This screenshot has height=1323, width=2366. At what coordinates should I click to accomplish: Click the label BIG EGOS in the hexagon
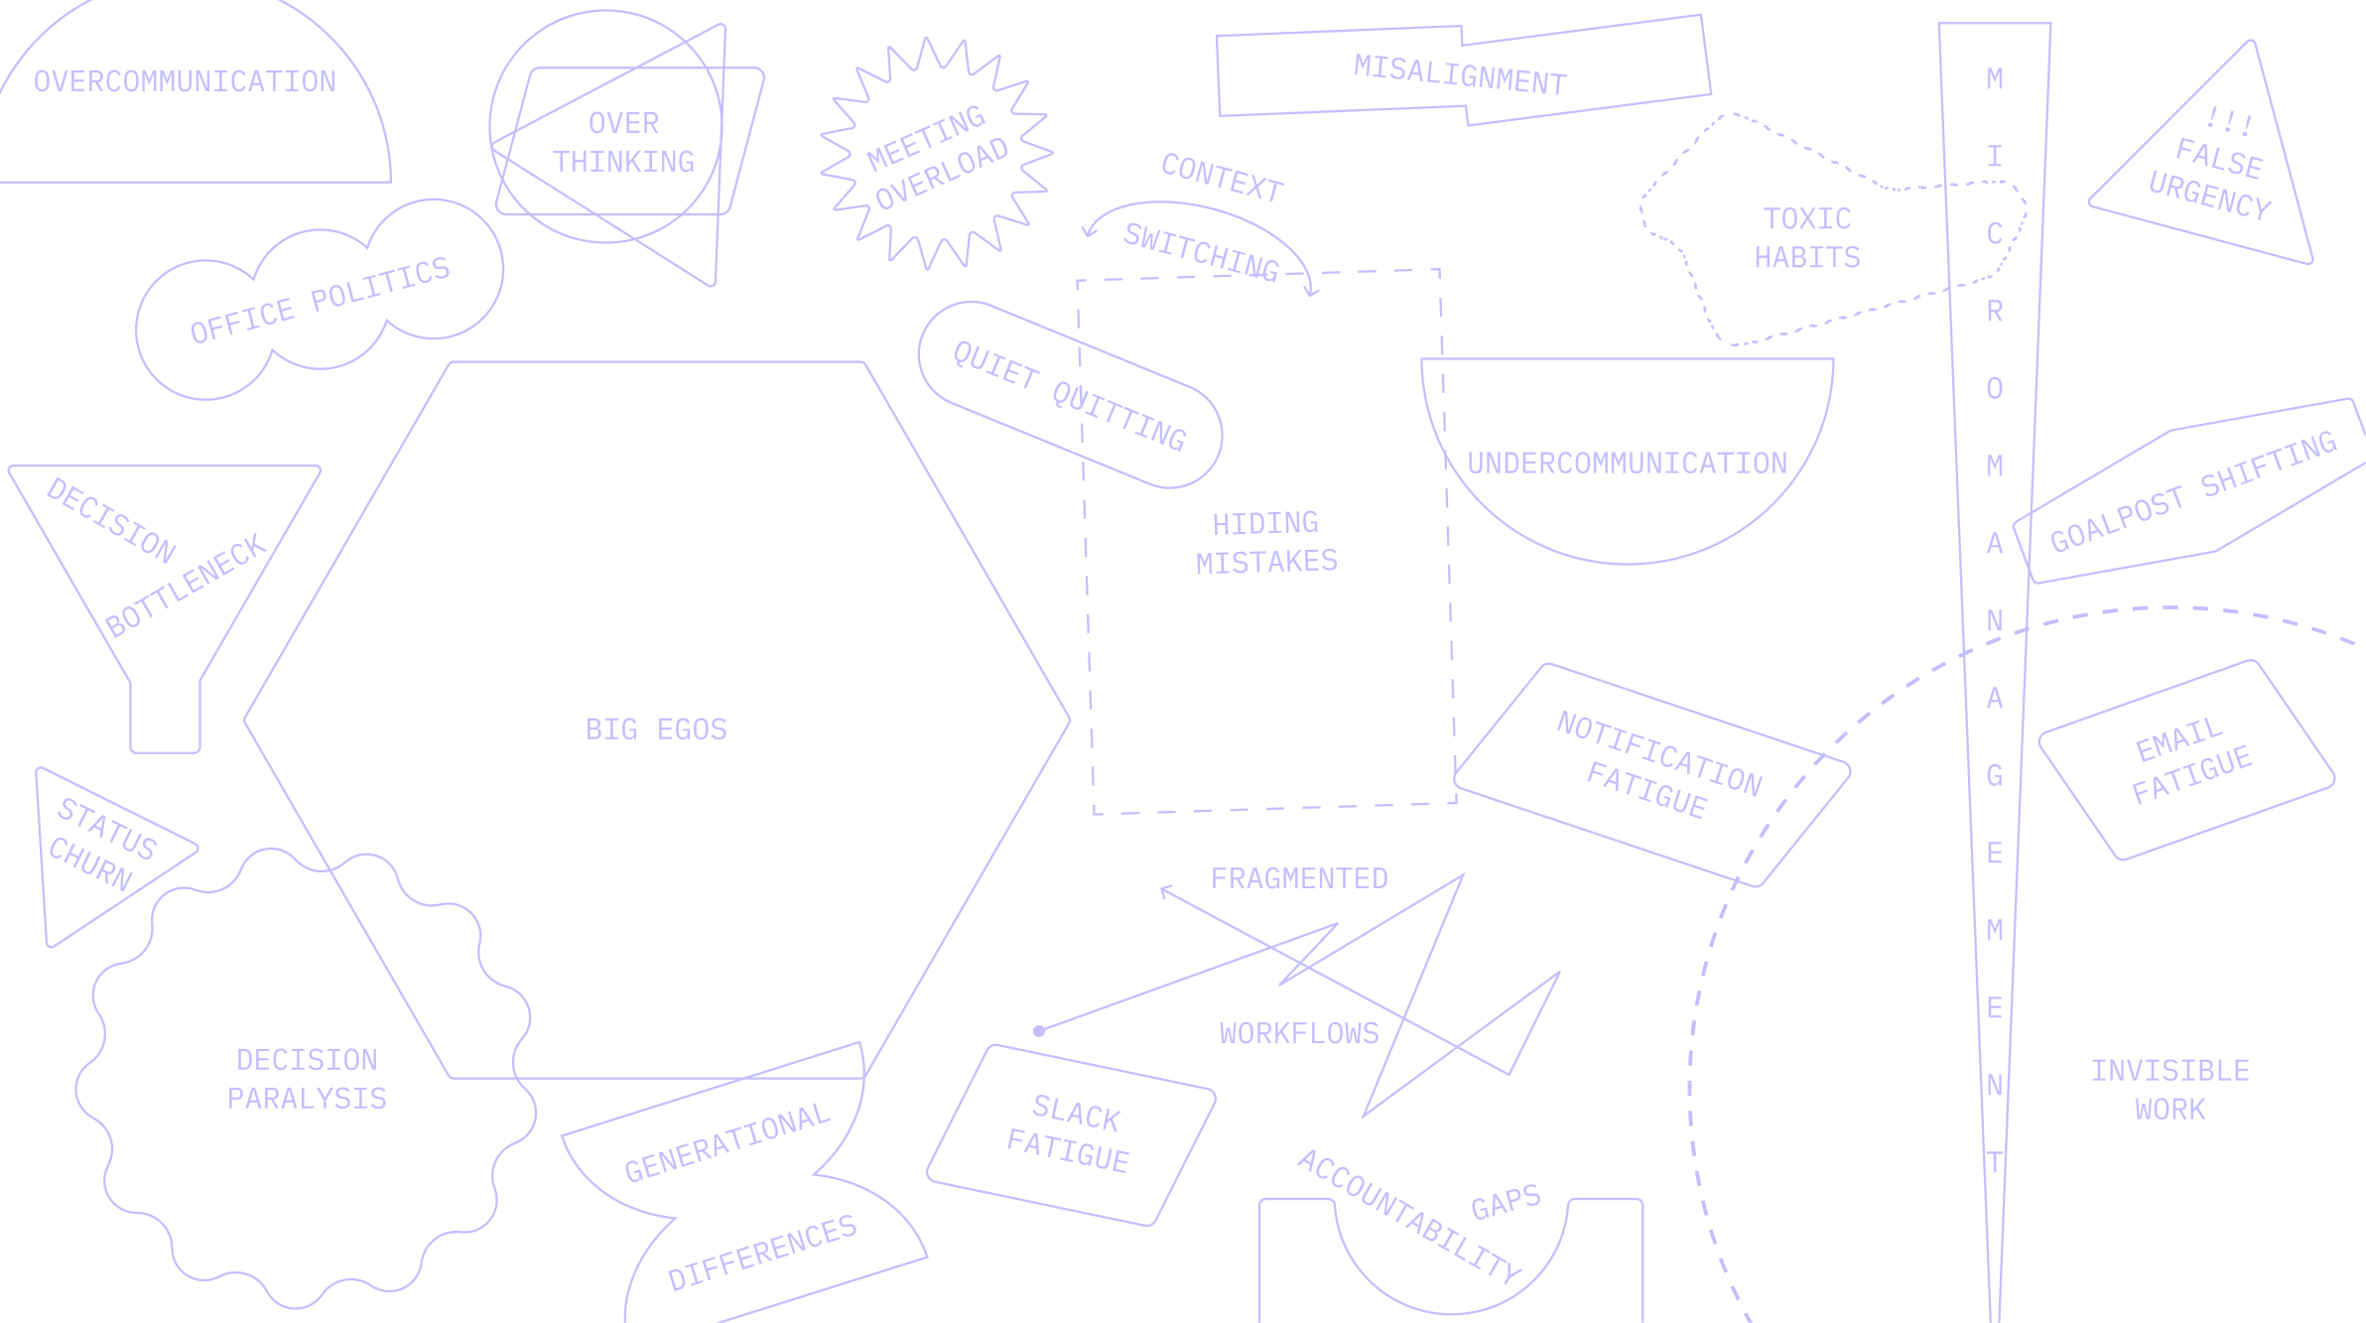tap(656, 729)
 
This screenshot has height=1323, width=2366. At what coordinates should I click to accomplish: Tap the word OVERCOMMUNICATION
tap(185, 81)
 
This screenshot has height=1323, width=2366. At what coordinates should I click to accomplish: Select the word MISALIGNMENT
tap(1460, 75)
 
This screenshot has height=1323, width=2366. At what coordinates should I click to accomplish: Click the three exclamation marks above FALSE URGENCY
tap(2228, 121)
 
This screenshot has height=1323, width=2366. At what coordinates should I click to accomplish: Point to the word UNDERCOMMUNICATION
tap(1627, 463)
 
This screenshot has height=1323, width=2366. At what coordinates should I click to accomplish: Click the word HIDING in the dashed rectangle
tap(1265, 523)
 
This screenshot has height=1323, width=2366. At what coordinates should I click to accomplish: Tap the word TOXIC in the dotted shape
tap(1806, 218)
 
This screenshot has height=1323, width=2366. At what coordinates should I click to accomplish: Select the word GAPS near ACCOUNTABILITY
tap(1505, 1203)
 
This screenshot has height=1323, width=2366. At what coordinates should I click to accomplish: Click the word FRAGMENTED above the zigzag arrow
tap(1299, 878)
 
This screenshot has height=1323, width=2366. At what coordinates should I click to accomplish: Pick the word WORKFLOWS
tap(1299, 1033)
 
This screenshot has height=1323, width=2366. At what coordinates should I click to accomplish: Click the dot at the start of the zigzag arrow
tap(1039, 1030)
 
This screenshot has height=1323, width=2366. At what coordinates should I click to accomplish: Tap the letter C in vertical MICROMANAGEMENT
tap(1994, 234)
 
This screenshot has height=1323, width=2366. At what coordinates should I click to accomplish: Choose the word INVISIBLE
tap(2169, 1071)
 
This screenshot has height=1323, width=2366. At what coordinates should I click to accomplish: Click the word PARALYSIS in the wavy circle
tap(307, 1099)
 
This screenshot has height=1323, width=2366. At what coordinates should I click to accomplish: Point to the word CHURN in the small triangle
tap(90, 863)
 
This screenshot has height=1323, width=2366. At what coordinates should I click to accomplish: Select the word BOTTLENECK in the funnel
tap(187, 586)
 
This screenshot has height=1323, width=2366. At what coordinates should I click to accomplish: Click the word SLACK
tap(1076, 1113)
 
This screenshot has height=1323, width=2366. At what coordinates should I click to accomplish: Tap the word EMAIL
tap(2178, 740)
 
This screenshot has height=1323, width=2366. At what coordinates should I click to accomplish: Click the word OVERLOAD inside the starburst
tap(941, 175)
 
